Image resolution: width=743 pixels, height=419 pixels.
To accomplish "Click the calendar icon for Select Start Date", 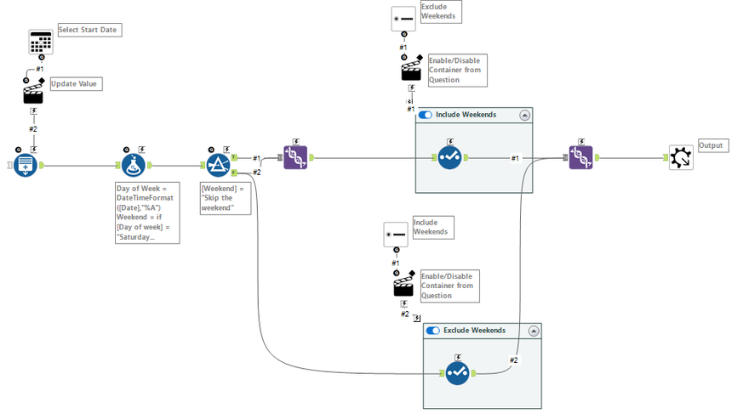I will coord(41,42).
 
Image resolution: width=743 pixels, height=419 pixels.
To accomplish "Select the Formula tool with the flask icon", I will coord(133,165).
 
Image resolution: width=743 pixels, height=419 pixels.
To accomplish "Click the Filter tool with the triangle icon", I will coord(219,165).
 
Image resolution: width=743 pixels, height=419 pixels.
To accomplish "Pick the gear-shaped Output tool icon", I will coord(680,157).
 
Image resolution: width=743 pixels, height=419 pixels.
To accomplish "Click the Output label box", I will coord(712,145).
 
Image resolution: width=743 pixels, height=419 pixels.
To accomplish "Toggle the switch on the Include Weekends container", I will coord(426,115).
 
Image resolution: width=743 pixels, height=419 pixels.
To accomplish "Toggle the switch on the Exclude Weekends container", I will coord(433,331).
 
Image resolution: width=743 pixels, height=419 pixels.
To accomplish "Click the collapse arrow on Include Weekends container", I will coord(525,115).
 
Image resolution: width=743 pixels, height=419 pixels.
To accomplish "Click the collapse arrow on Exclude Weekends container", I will coord(534,331).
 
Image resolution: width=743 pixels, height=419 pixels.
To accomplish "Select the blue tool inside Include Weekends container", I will coord(449,157).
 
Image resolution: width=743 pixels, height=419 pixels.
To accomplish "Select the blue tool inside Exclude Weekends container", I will coord(457,373).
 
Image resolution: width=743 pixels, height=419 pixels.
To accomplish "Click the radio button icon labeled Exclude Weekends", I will coord(403,19).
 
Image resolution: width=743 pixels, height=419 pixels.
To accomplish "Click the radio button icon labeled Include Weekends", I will coord(396,235).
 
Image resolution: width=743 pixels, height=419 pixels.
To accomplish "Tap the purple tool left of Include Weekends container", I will coord(295,157).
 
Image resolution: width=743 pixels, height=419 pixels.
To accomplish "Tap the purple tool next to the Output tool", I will coord(580,157).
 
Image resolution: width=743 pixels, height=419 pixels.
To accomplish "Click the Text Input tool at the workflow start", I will coord(26,165).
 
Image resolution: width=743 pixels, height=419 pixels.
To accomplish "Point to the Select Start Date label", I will coord(89,30).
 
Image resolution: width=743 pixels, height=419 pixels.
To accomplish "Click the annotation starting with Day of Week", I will coord(146,212).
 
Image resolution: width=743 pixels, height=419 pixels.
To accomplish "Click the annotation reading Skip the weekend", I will coord(224,197).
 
